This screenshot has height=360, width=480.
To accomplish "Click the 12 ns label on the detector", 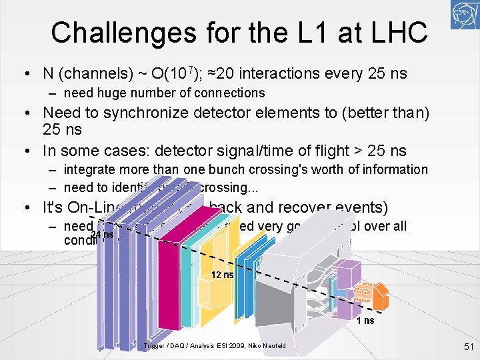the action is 223,275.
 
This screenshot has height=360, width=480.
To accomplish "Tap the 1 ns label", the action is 365,321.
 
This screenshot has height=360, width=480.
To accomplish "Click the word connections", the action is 229,93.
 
